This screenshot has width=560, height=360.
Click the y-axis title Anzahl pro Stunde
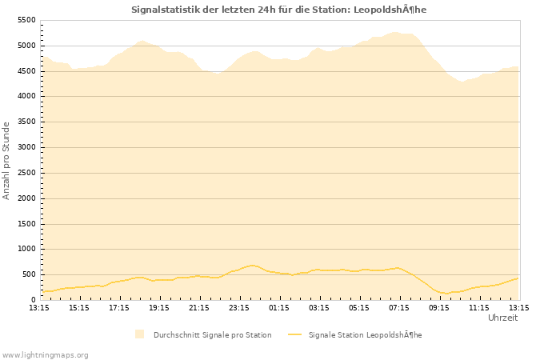(x=6, y=160)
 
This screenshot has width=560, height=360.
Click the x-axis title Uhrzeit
(x=502, y=318)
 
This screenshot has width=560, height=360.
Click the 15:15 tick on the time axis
(x=79, y=307)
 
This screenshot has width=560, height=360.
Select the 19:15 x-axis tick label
(x=159, y=307)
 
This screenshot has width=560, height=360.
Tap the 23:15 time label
(x=239, y=307)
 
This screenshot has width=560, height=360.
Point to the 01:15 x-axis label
(x=279, y=307)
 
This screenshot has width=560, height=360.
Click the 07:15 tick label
(x=399, y=307)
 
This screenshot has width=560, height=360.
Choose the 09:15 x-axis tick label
(x=439, y=307)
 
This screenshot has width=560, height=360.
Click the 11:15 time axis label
(x=479, y=307)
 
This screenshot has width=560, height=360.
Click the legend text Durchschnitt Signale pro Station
(x=212, y=334)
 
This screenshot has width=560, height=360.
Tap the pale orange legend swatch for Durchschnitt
(x=140, y=334)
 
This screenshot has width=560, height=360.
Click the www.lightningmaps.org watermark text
(x=45, y=354)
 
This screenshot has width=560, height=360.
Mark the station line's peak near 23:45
(x=252, y=265)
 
